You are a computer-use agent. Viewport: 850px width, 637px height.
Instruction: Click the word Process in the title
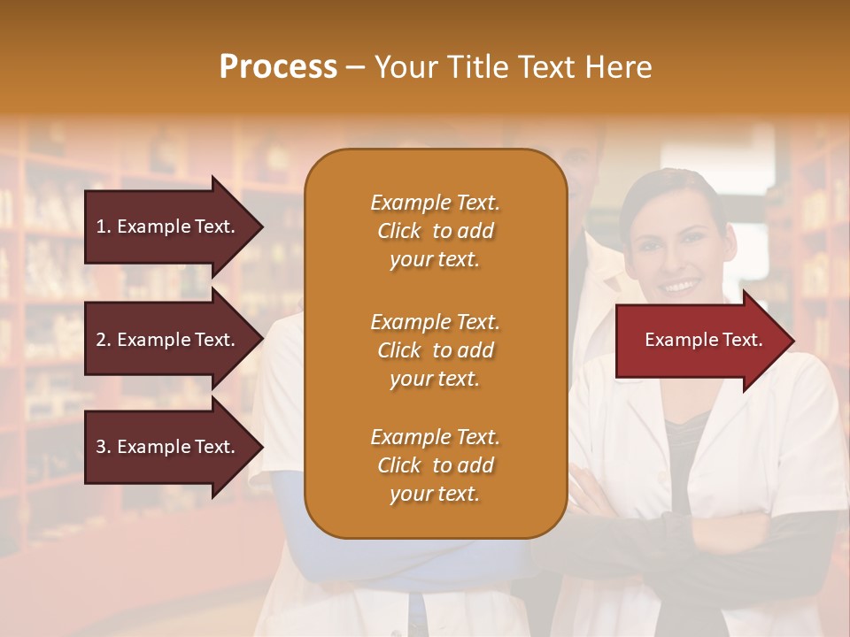[278, 66]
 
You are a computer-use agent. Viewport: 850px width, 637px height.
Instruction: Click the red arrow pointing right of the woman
[704, 340]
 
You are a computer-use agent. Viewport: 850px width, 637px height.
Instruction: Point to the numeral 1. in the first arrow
[104, 226]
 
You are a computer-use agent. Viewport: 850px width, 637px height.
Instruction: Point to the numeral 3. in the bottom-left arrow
[104, 447]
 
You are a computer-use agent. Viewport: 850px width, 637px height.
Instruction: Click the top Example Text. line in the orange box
[435, 203]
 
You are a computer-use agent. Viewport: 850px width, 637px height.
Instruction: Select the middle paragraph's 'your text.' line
[435, 378]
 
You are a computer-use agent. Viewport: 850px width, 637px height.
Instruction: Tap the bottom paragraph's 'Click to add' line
[435, 465]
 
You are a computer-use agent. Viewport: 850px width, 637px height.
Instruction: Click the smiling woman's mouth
[681, 285]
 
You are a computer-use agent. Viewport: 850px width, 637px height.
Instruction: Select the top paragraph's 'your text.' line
[435, 259]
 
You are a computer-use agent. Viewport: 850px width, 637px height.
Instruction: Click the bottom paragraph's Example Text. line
[435, 437]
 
